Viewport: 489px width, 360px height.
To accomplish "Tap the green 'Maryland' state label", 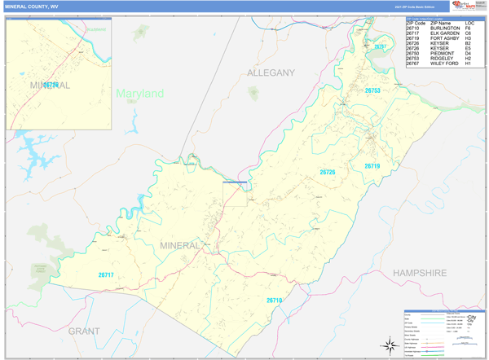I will pos(139,94).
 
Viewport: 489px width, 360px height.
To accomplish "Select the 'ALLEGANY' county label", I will pos(271,73).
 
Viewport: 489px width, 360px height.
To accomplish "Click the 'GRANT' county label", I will pos(84,331).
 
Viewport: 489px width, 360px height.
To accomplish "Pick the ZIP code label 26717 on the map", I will pos(106,274).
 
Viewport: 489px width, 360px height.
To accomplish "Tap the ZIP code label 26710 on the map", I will pos(274,301).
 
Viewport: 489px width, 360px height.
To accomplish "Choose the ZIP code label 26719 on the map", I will pos(372,166).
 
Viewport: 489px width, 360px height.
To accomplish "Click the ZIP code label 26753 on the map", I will pos(372,90).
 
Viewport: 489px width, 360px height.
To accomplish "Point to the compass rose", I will pos(388,345).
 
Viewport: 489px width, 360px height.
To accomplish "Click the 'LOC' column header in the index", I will pos(469,23).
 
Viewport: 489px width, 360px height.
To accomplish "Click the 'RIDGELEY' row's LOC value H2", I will pos(469,59).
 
